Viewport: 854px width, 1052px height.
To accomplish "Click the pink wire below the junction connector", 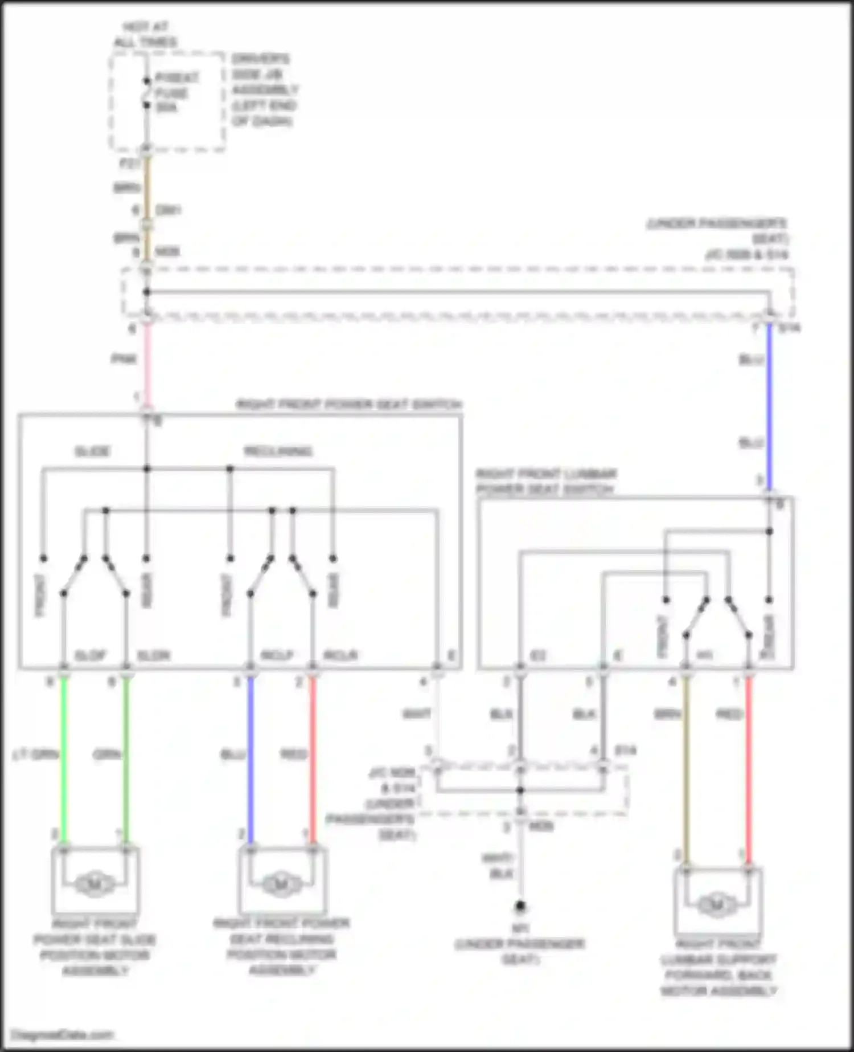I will [147, 365].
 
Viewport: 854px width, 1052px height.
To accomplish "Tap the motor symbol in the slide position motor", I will [95, 884].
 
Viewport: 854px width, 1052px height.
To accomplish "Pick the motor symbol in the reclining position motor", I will [281, 884].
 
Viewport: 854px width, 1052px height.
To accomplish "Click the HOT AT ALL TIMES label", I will [146, 35].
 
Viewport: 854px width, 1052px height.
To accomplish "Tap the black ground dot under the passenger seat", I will [520, 906].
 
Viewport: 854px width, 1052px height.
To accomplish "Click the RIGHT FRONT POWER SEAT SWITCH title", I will [349, 405].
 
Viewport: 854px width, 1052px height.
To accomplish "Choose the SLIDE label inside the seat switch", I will [92, 452].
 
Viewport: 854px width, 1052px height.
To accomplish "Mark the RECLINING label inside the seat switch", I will [278, 452].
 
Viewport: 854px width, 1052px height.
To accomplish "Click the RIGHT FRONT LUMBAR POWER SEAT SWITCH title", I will [546, 482].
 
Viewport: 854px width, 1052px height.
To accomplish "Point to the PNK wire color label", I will [124, 359].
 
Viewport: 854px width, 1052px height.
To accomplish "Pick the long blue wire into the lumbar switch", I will [769, 405].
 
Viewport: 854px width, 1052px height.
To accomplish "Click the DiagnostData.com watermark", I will [63, 1035].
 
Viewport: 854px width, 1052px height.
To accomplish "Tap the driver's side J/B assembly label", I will [264, 90].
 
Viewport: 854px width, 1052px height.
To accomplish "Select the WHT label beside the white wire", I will [417, 714].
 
